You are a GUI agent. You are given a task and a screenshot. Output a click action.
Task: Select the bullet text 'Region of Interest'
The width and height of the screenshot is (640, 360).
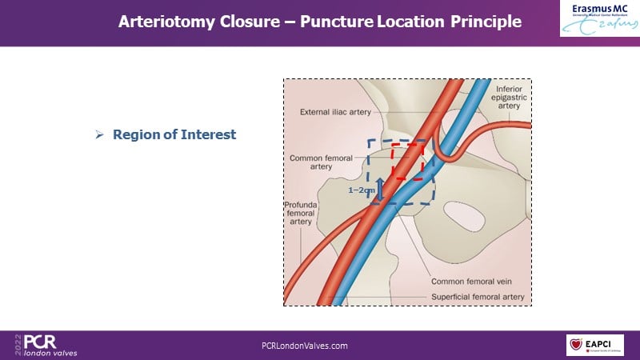click(x=174, y=134)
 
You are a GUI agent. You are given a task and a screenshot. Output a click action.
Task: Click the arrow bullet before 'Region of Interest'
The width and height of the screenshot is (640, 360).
click(x=100, y=134)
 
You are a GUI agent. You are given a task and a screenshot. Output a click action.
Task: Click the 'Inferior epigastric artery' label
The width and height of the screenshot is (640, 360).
click(x=509, y=96)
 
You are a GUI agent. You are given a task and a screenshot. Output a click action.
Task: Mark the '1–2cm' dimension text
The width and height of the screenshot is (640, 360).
click(x=362, y=190)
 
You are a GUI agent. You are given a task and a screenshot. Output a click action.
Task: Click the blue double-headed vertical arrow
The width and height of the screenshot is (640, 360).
click(x=380, y=188)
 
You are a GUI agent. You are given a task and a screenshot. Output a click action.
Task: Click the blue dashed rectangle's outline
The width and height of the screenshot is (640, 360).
click(x=369, y=172)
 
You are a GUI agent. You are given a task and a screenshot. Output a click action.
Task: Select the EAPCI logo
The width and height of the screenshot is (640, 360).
click(x=594, y=345)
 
